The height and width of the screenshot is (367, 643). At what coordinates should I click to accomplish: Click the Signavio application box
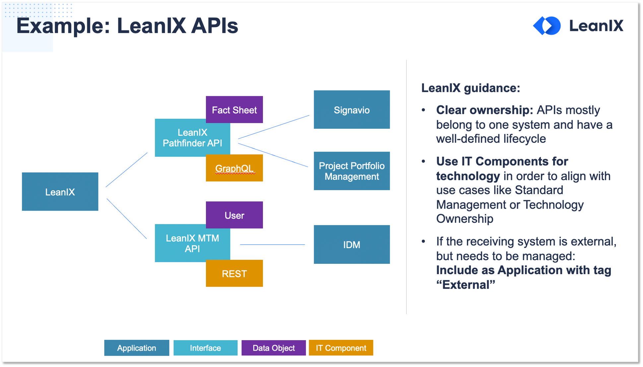352,110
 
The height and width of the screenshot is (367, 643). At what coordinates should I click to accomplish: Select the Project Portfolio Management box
352,171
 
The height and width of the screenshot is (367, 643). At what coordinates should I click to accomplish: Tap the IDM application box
352,245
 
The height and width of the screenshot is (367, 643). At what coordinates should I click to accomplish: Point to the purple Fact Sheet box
234,110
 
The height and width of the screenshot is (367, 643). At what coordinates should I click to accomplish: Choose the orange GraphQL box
234,168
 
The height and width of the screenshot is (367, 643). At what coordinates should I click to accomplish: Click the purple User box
234,215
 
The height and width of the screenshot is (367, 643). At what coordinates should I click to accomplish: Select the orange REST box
234,273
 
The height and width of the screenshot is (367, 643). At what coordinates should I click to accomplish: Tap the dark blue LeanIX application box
60,191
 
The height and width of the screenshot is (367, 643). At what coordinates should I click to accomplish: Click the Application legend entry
137,348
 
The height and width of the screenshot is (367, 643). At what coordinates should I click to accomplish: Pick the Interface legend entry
205,348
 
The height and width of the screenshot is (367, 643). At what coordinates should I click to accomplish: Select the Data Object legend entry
274,348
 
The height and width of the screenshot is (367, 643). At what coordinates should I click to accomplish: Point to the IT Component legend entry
341,348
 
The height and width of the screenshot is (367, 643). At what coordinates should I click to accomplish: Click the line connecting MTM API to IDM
272,245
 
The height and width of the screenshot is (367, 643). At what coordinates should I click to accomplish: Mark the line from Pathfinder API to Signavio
274,127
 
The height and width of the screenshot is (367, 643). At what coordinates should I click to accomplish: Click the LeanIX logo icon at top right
547,26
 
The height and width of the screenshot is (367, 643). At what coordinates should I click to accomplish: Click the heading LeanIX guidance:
471,88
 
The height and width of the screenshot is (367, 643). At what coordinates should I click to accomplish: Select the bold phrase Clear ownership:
484,110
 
